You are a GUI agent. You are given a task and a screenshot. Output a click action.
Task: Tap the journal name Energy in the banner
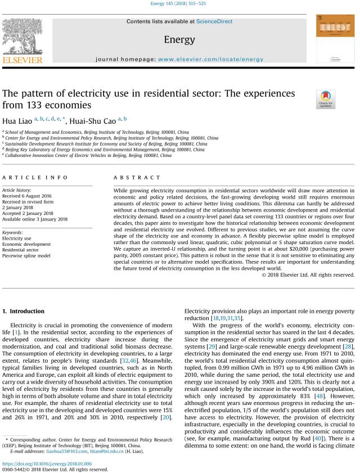pyautogui.click(x=179, y=40)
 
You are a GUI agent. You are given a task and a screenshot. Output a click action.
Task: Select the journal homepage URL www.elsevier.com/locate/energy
pyautogui.click(x=210, y=59)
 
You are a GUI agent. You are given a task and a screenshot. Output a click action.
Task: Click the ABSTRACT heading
pyautogui.click(x=130, y=177)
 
